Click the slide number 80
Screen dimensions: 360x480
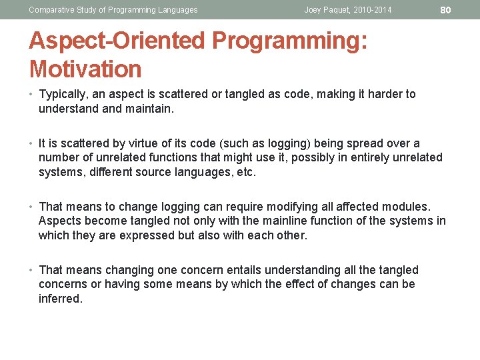coord(446,9)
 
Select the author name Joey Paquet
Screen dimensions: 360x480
coord(327,10)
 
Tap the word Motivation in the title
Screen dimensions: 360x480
coord(85,69)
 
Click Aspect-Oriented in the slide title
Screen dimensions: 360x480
coord(117,41)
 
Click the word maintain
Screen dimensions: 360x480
coord(149,109)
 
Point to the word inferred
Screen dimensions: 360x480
coord(60,299)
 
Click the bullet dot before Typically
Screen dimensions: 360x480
coord(32,95)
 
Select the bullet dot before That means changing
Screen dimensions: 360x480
coord(32,271)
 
